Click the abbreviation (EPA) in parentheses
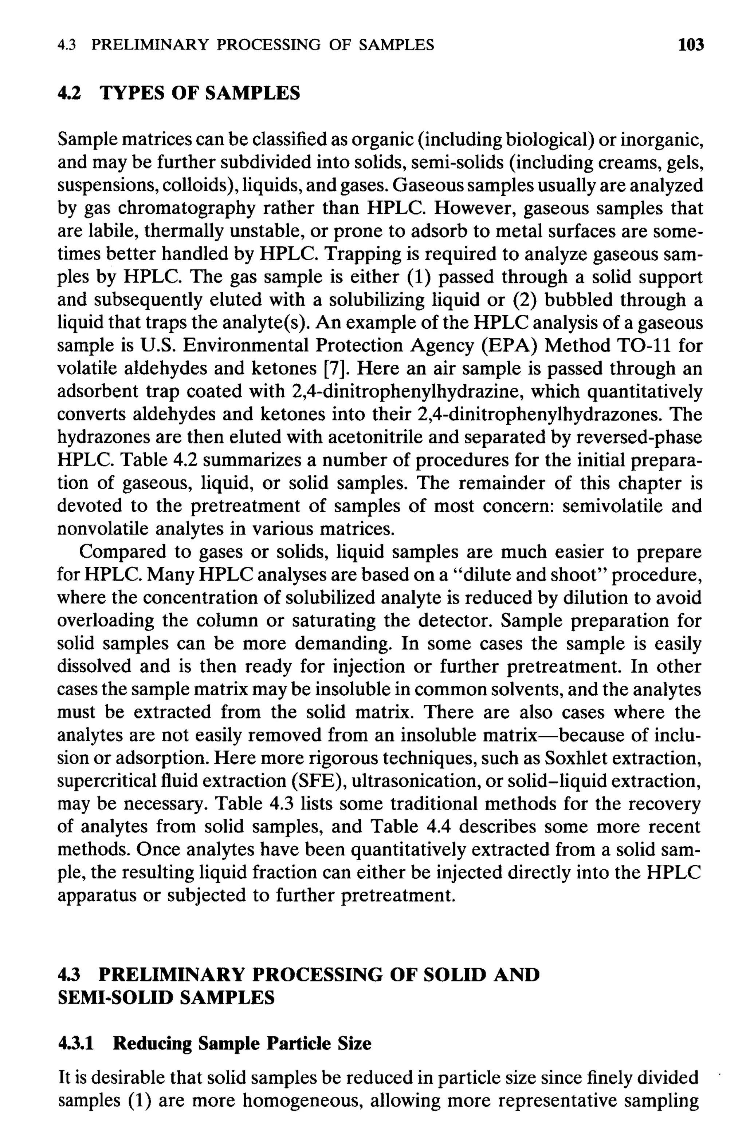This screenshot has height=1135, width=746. click(x=509, y=346)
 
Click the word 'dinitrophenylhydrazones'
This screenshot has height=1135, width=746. click(x=549, y=414)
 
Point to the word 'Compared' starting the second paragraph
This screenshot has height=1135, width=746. click(x=122, y=552)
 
